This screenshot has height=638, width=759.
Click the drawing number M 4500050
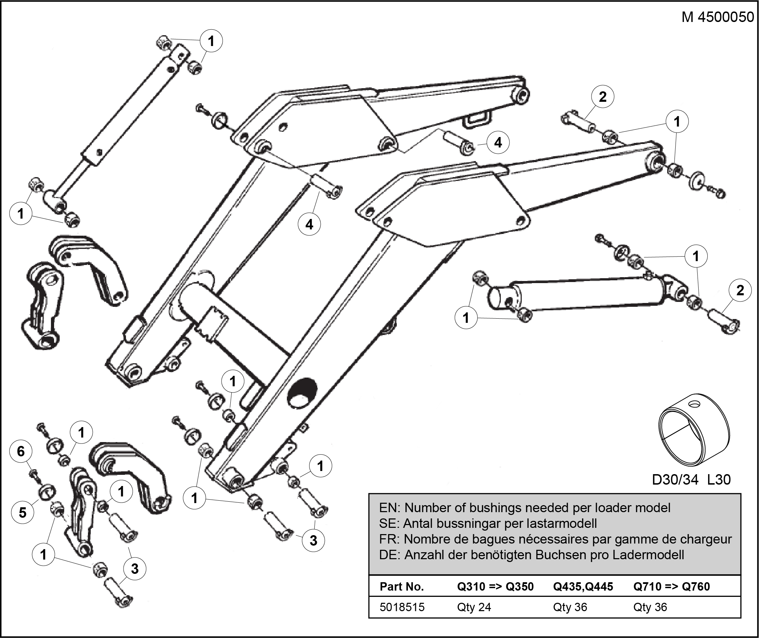point(718,17)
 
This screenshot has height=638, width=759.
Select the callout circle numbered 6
point(21,451)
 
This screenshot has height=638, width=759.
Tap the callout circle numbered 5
point(22,512)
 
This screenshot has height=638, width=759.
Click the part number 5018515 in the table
point(402,607)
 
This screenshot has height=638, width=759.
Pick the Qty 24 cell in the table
point(474,607)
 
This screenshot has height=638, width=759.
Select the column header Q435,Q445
point(583,586)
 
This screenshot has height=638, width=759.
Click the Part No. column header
point(401,586)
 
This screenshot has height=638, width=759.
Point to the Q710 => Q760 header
point(671,586)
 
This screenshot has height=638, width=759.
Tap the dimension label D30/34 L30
point(691,480)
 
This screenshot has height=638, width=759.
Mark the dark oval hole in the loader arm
point(302,393)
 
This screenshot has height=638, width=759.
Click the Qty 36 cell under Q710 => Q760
point(650,607)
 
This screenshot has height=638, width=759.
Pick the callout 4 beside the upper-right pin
point(498,143)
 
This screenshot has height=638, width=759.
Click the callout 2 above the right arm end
point(603,97)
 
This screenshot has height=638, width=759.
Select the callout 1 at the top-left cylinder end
point(211,41)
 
